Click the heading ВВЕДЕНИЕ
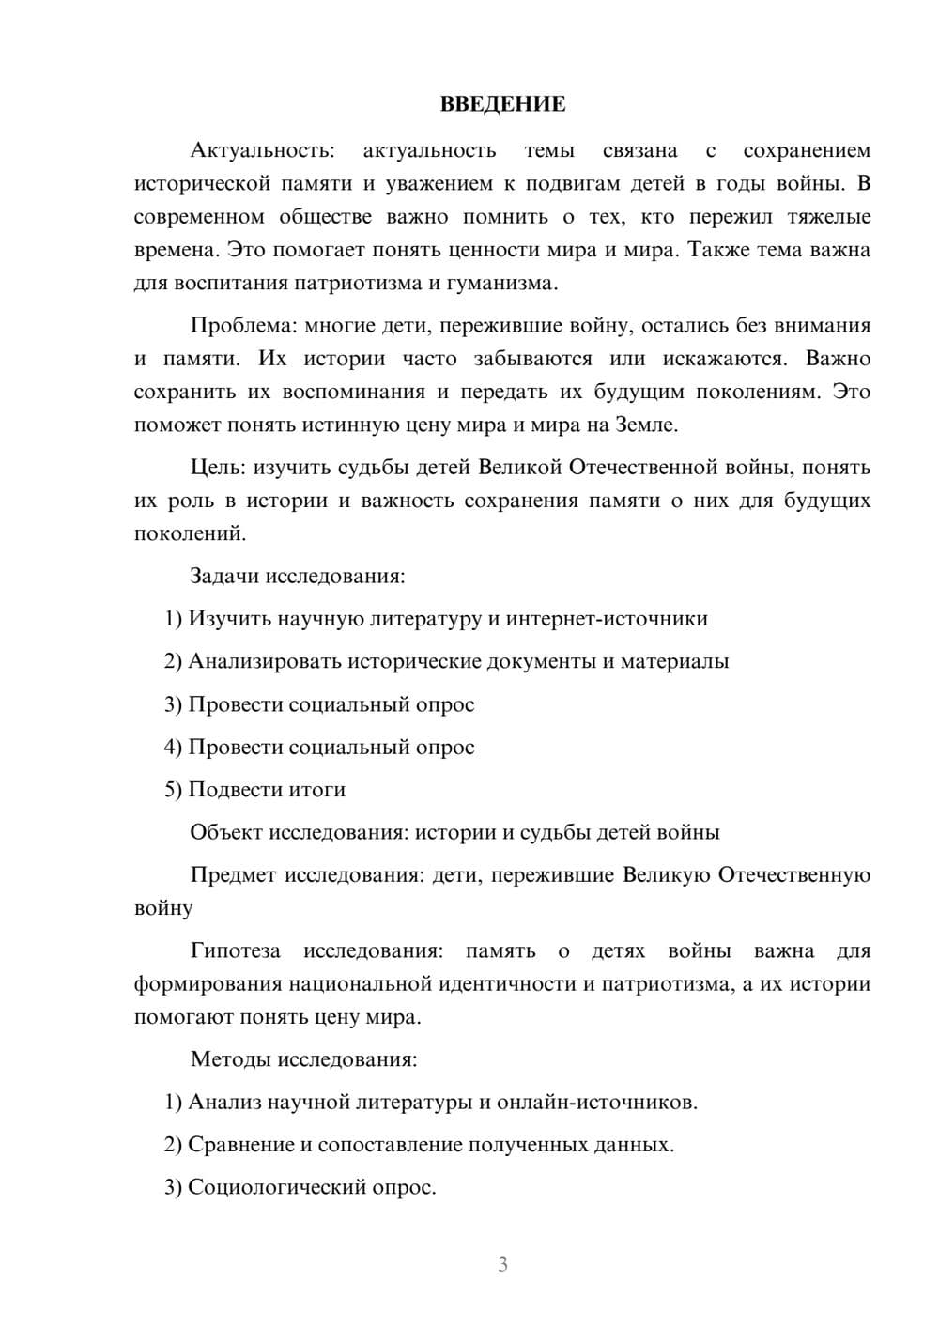click(502, 104)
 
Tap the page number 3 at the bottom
click(502, 1264)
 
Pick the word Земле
click(644, 425)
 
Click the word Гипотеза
click(235, 950)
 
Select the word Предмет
click(233, 875)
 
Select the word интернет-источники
click(607, 618)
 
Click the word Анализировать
click(265, 661)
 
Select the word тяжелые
click(829, 217)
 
